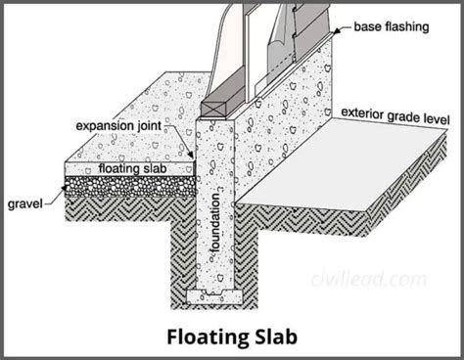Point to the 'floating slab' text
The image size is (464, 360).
[x=126, y=168]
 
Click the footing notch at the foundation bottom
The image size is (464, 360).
[x=217, y=292]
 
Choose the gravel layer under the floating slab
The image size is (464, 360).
[x=127, y=184]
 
